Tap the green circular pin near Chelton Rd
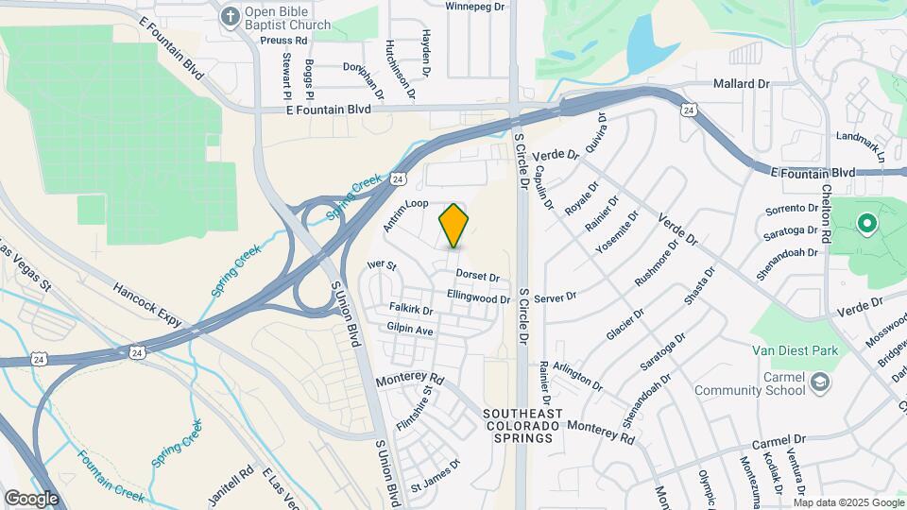pos(865,225)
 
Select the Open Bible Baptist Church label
pos(289,18)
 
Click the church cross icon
pos(230,16)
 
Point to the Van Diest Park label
pos(795,350)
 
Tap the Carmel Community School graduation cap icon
pos(820,382)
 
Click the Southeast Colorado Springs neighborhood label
pos(522,426)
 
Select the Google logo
pos(31,498)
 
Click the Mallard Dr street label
pos(742,84)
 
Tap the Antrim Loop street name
pos(406,216)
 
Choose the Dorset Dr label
pos(477,276)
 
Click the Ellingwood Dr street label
pos(478,298)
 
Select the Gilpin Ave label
pos(409,331)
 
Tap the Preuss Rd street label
pos(287,41)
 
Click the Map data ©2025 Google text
pos(848,502)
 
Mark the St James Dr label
pos(435,477)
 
